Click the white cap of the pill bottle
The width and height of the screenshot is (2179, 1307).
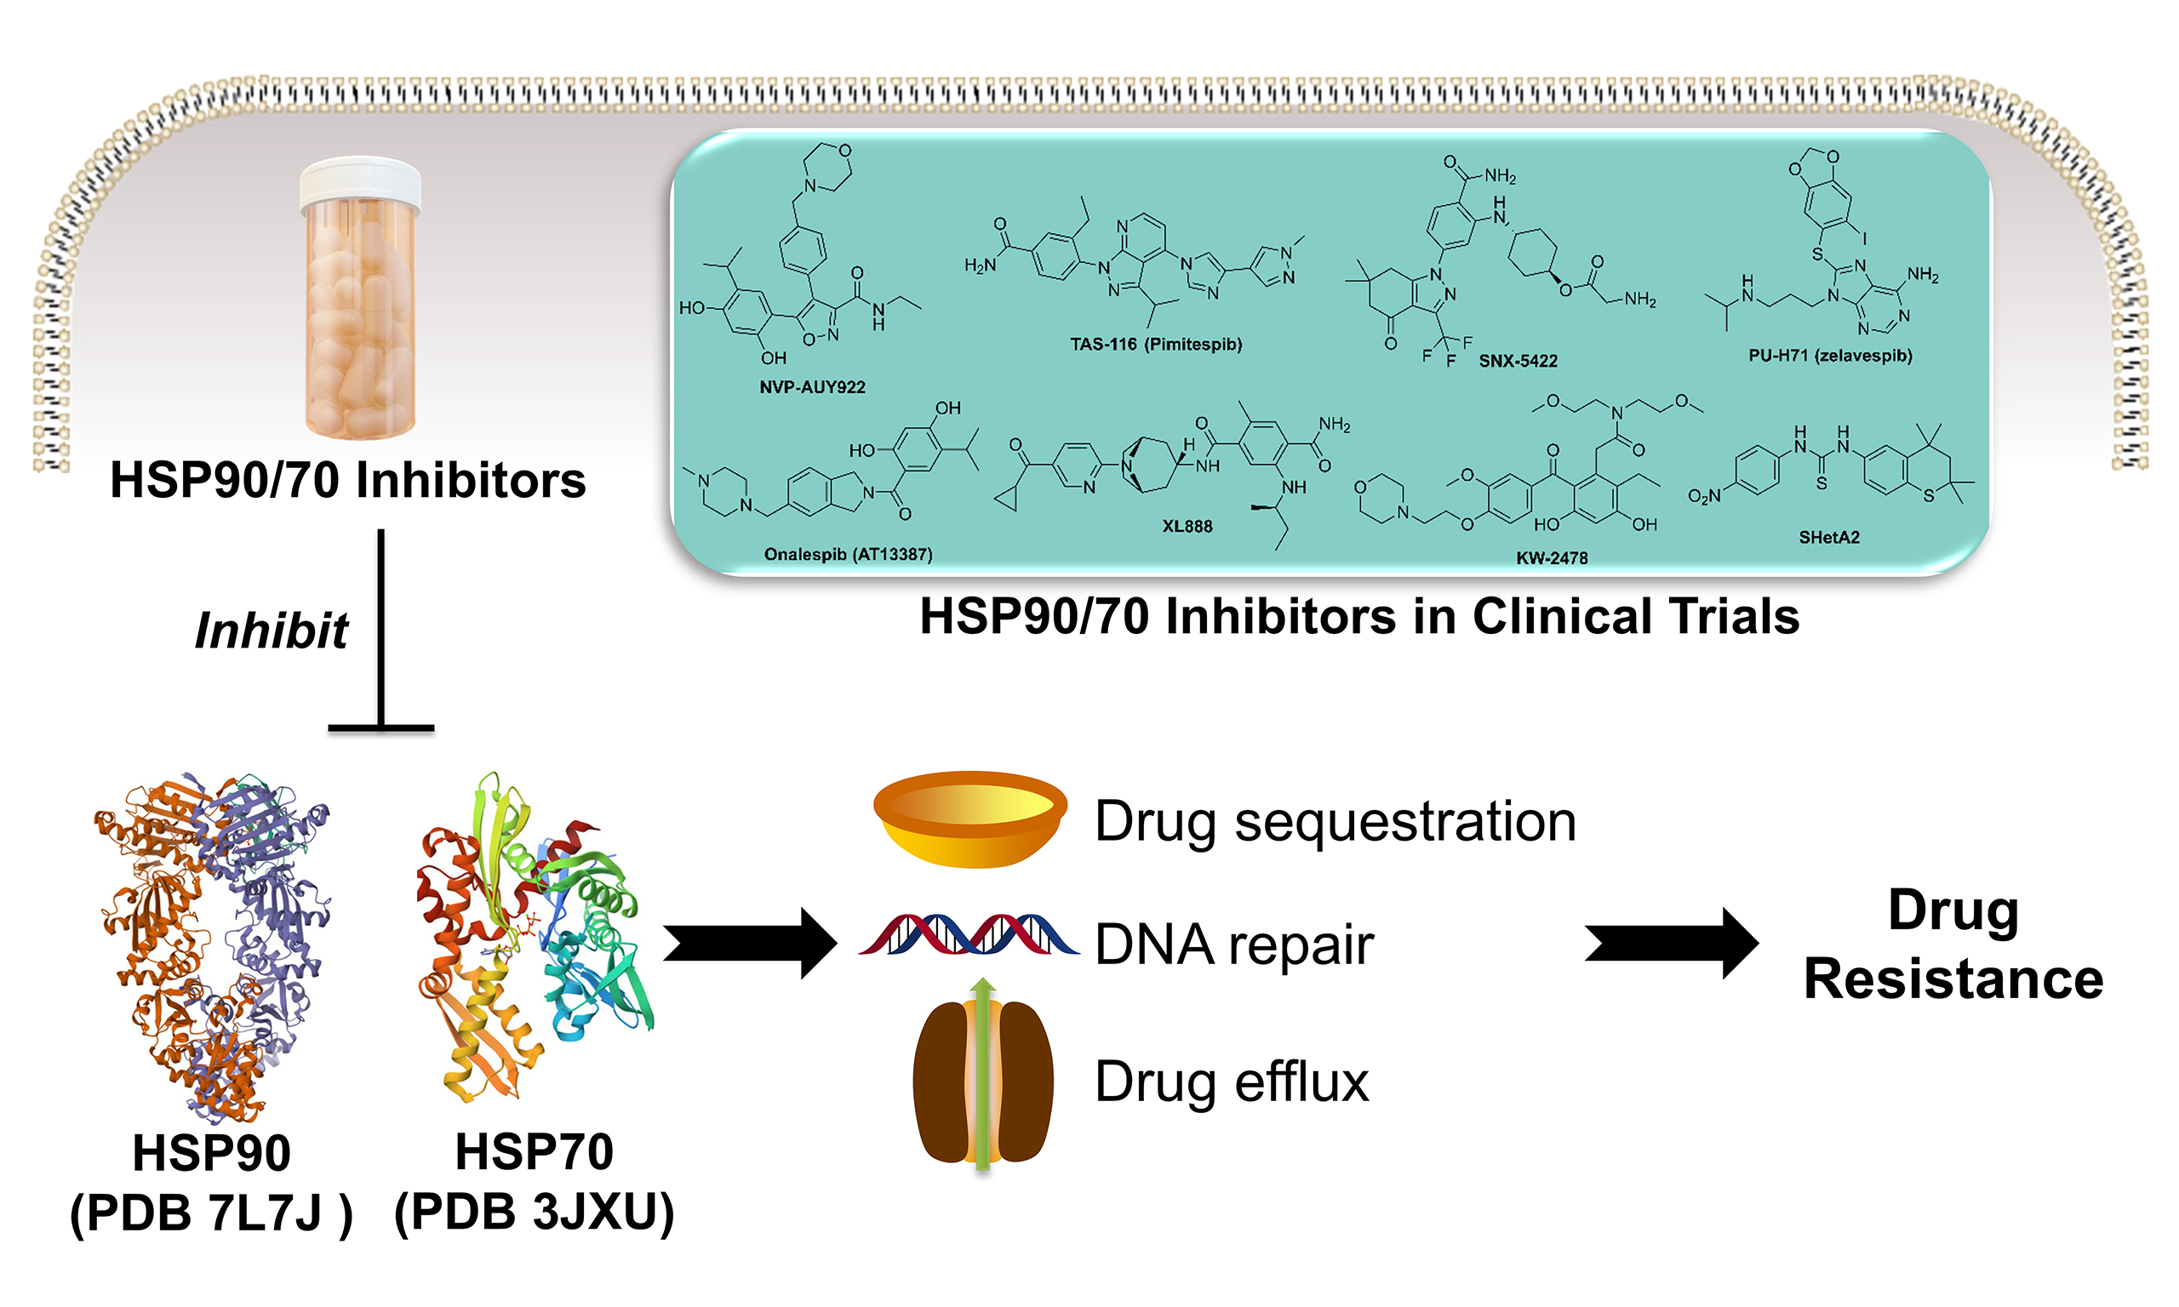click(360, 184)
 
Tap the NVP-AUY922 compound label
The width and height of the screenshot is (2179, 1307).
click(812, 387)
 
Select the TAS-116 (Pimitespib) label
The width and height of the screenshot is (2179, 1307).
click(1156, 345)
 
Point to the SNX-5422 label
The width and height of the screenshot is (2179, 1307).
click(1518, 361)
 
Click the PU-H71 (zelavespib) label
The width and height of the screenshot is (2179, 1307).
click(1830, 356)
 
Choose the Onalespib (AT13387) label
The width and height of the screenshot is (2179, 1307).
click(847, 554)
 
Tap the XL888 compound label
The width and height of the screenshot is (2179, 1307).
click(1187, 527)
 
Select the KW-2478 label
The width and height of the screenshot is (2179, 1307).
click(1551, 557)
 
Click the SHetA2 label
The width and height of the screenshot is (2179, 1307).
click(1828, 537)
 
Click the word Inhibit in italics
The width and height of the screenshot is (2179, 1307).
click(272, 631)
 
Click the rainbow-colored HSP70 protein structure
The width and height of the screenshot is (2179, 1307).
click(533, 933)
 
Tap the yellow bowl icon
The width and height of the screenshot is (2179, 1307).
click(969, 819)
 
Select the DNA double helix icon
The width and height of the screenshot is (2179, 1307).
click(969, 935)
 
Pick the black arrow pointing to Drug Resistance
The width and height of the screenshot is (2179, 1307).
click(1670, 944)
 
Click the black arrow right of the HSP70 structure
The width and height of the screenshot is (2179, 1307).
click(749, 944)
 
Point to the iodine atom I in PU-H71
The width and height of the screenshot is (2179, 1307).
click(1864, 237)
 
